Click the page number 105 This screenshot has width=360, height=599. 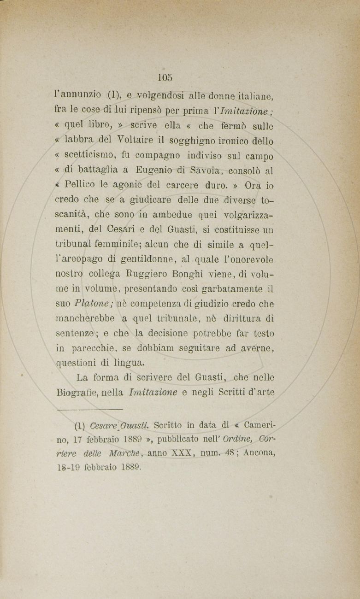164,77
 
